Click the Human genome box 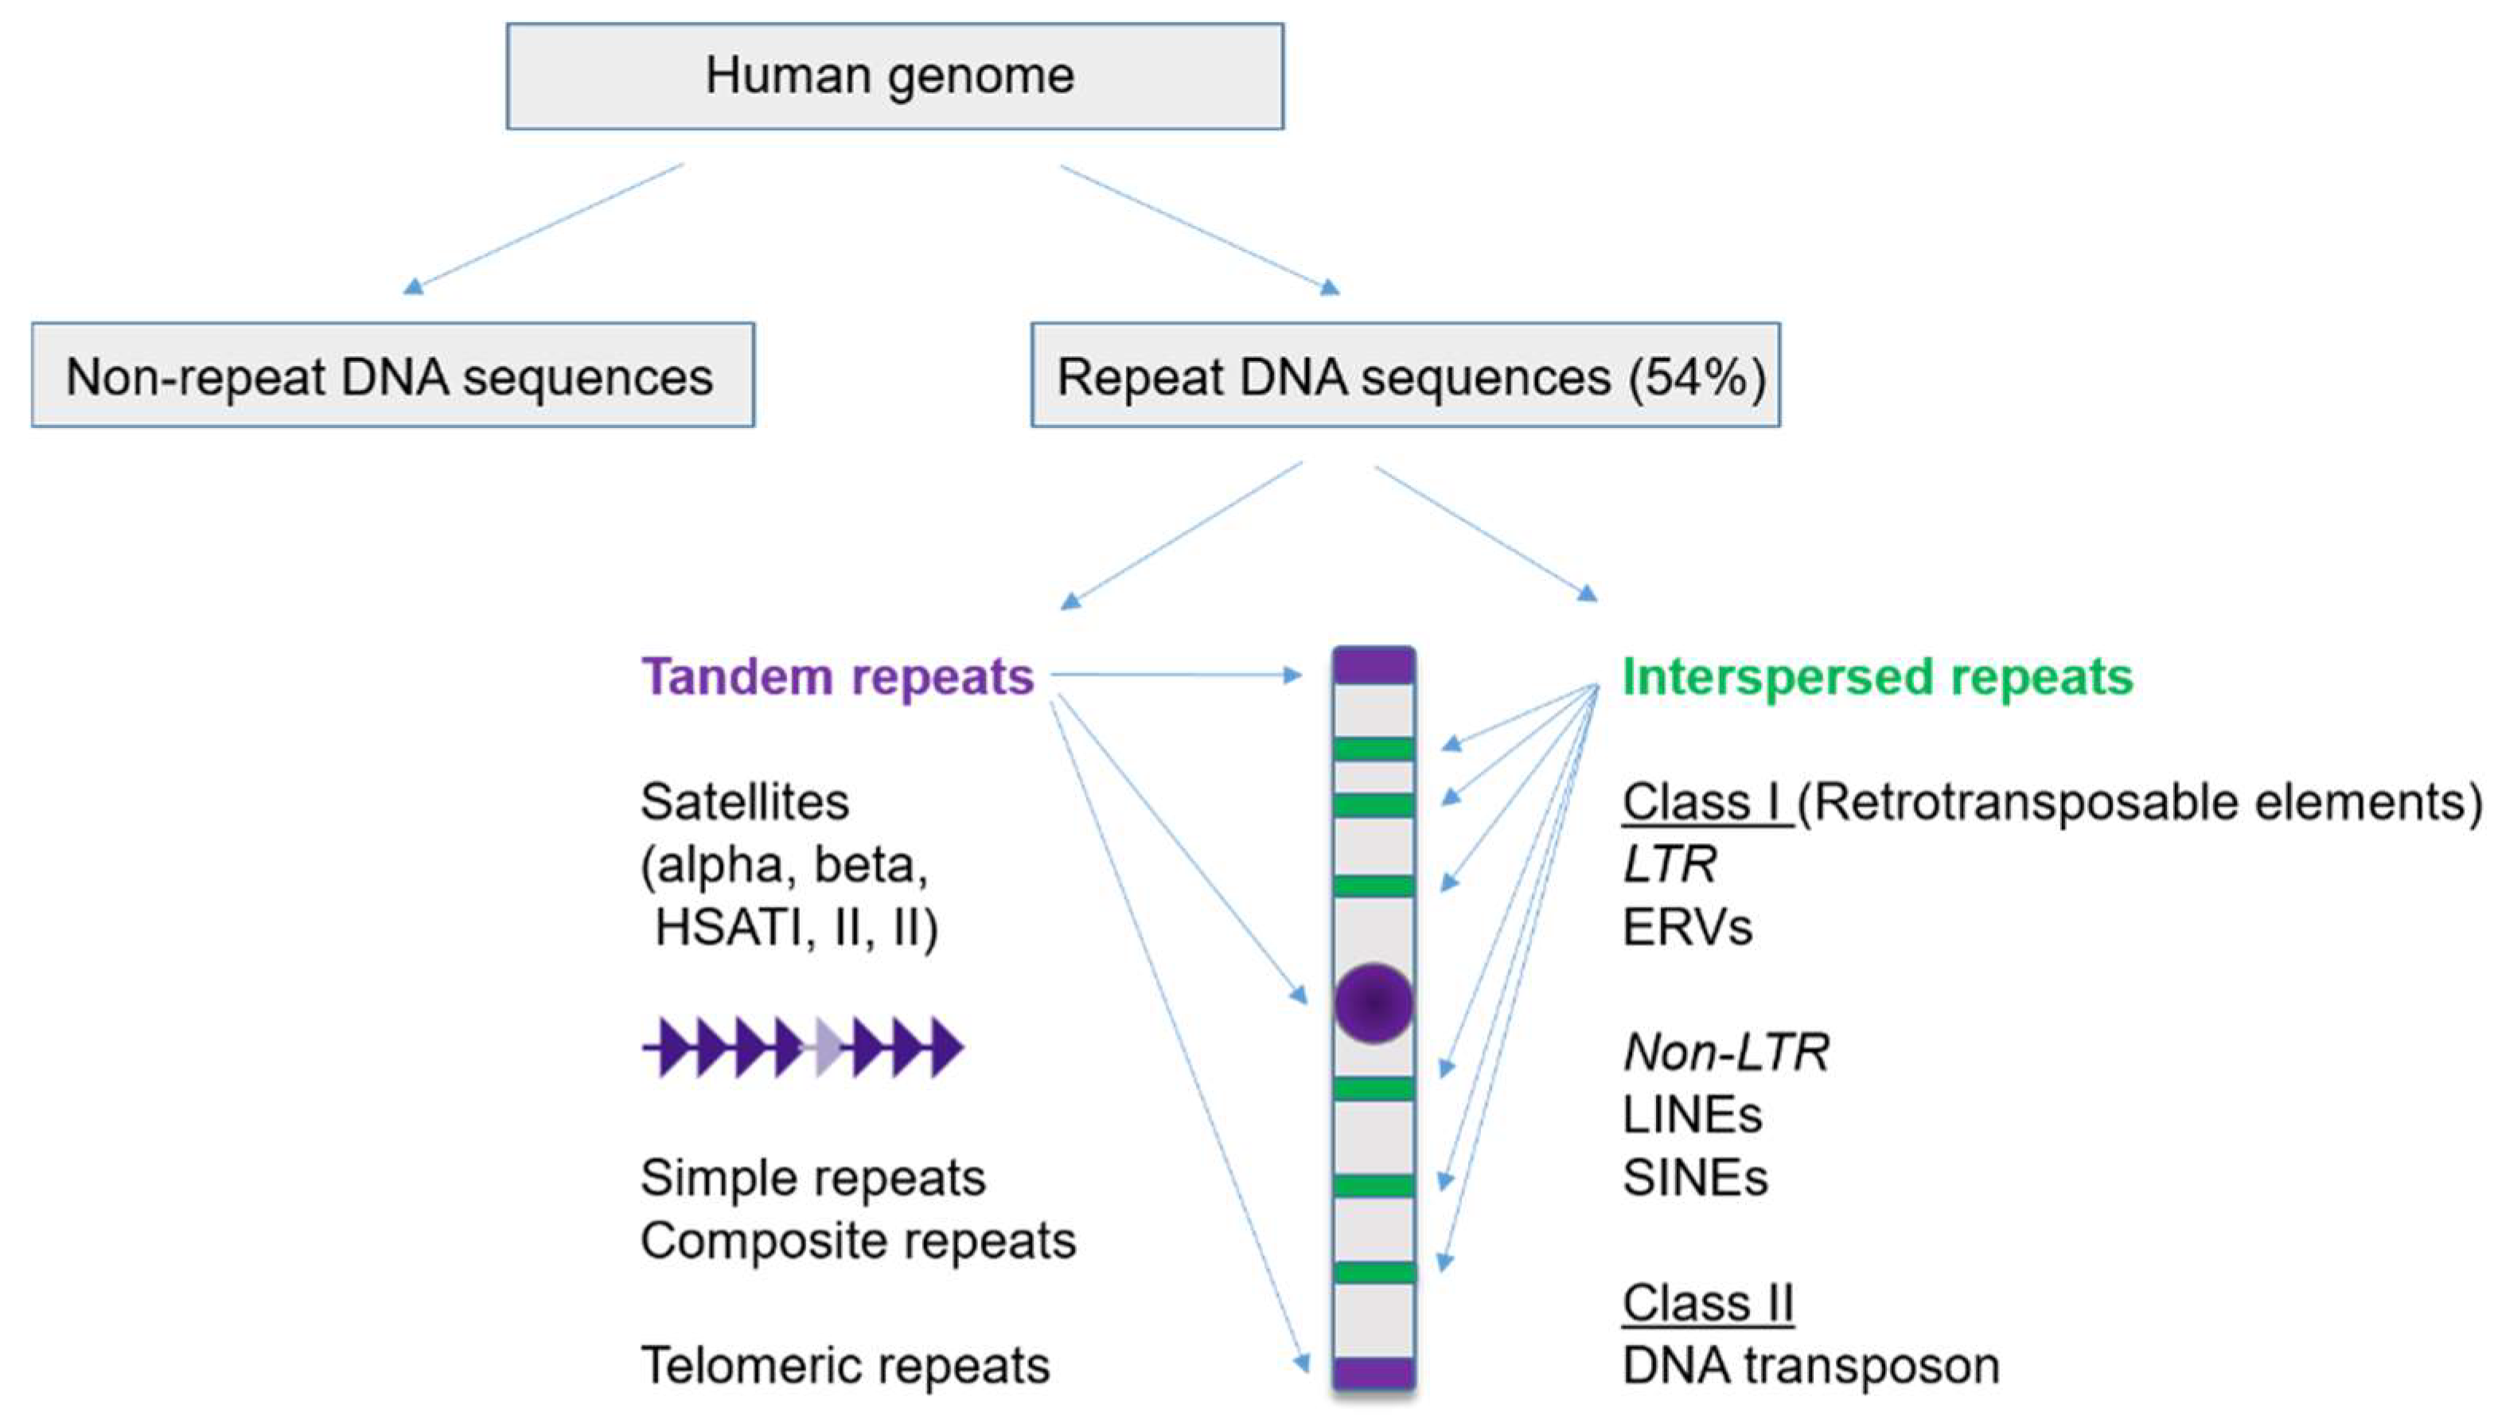[894, 76]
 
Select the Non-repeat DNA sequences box [392, 376]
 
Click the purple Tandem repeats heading [837, 677]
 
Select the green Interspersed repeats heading [1876, 677]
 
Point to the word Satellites [744, 802]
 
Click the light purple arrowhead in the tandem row [827, 1048]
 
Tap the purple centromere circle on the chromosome [1374, 1002]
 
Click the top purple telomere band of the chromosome [1374, 667]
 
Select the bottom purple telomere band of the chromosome [1374, 1371]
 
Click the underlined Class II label [1708, 1303]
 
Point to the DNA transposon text [1810, 1365]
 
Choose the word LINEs [1692, 1115]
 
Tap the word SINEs [1695, 1177]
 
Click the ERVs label [1687, 927]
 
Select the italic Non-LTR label [1725, 1052]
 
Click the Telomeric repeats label [844, 1365]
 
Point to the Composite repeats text [858, 1240]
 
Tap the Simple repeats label [812, 1177]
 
